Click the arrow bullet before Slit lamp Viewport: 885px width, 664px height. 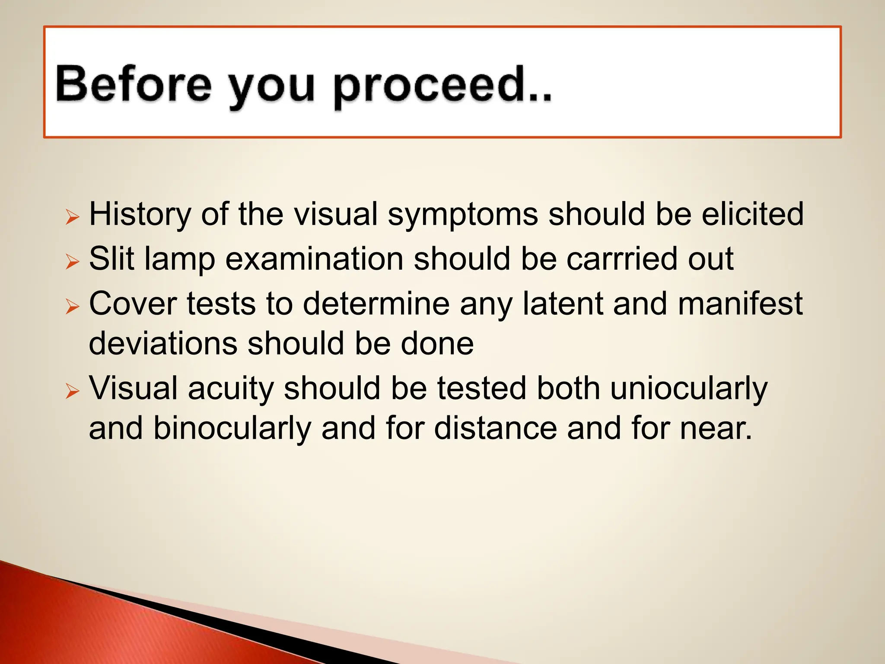pos(72,262)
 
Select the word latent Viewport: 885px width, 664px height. pos(563,303)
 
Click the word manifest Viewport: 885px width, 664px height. pos(740,303)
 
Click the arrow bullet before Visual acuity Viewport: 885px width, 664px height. pos(72,391)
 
